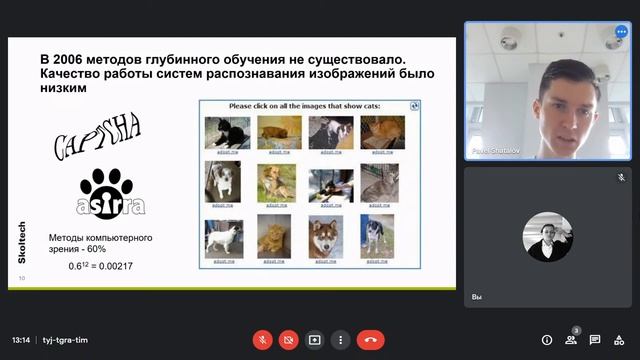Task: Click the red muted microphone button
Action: point(264,339)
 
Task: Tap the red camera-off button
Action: point(289,339)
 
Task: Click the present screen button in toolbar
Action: point(314,339)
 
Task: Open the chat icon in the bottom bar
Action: point(595,339)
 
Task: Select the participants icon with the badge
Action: point(571,339)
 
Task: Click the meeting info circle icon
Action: point(547,339)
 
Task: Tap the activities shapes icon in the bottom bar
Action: point(620,339)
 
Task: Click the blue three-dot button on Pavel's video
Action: point(621,32)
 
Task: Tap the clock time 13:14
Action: point(21,339)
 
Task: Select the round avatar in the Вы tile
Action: point(549,237)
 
